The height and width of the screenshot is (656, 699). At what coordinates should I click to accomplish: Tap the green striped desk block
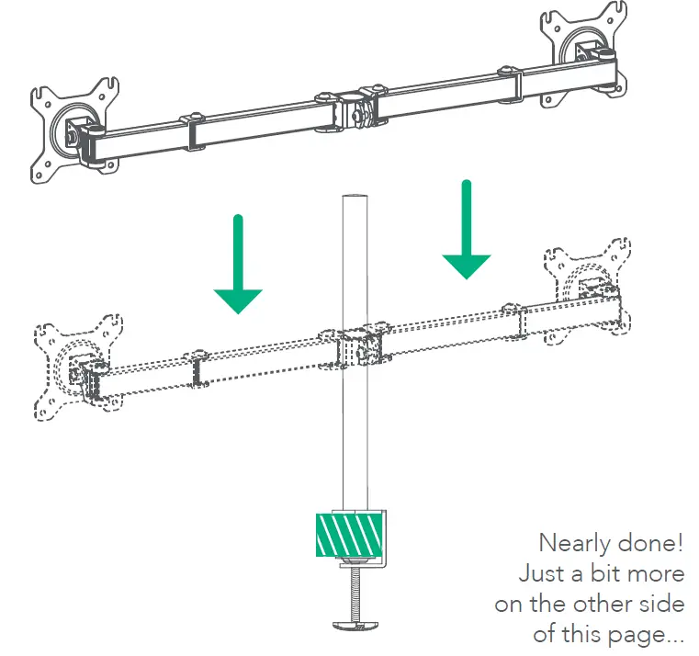coord(348,533)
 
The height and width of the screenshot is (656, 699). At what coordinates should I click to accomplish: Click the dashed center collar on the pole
coord(352,349)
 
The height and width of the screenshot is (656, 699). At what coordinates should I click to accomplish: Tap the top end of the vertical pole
coord(352,198)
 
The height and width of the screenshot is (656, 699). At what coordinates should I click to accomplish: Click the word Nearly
coord(573,542)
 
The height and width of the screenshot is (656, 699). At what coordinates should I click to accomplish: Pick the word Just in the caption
coord(538,573)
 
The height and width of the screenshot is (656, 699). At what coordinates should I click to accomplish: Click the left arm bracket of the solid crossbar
coord(191,131)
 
